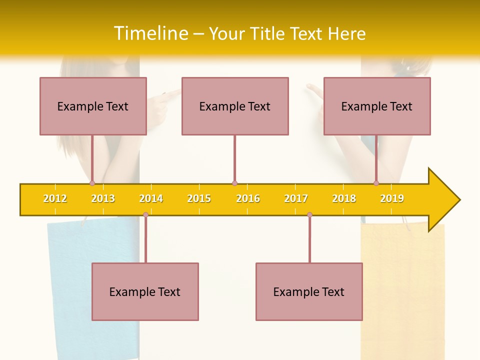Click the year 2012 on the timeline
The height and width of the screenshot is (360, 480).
coord(55,198)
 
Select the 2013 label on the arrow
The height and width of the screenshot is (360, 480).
coord(103,198)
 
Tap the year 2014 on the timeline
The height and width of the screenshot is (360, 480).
coord(151,198)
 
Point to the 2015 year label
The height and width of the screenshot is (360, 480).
coord(199,198)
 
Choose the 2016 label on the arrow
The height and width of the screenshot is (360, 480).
coord(248,198)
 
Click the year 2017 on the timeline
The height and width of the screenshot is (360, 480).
coord(296,198)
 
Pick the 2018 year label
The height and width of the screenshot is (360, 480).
coord(344,198)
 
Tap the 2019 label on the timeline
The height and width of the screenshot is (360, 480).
coord(392,198)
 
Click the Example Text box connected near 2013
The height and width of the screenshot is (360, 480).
coord(93,106)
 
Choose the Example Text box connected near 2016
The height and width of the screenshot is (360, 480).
coord(235,106)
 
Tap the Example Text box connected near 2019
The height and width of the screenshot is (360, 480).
coord(377,106)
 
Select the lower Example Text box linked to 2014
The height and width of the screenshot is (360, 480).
coord(145,291)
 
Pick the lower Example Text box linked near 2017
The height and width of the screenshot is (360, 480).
coord(309,291)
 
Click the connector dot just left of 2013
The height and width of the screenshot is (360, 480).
coord(92,183)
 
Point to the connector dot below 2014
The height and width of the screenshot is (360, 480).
coord(145,214)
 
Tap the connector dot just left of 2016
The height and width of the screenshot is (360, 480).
coord(234,183)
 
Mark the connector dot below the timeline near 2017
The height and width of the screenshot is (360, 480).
coord(309,214)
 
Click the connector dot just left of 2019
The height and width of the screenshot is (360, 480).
coord(376,183)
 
